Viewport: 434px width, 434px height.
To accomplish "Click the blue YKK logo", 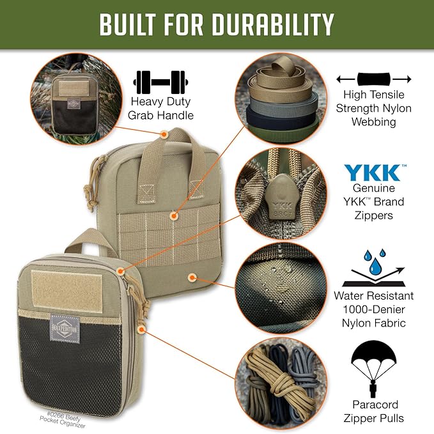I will point(373,173).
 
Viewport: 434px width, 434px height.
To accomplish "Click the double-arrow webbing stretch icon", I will point(373,79).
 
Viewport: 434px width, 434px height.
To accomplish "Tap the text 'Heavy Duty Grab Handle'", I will point(162,108).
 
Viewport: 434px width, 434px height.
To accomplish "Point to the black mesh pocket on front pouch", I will point(70,364).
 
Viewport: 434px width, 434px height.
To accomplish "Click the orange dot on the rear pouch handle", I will point(164,135).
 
